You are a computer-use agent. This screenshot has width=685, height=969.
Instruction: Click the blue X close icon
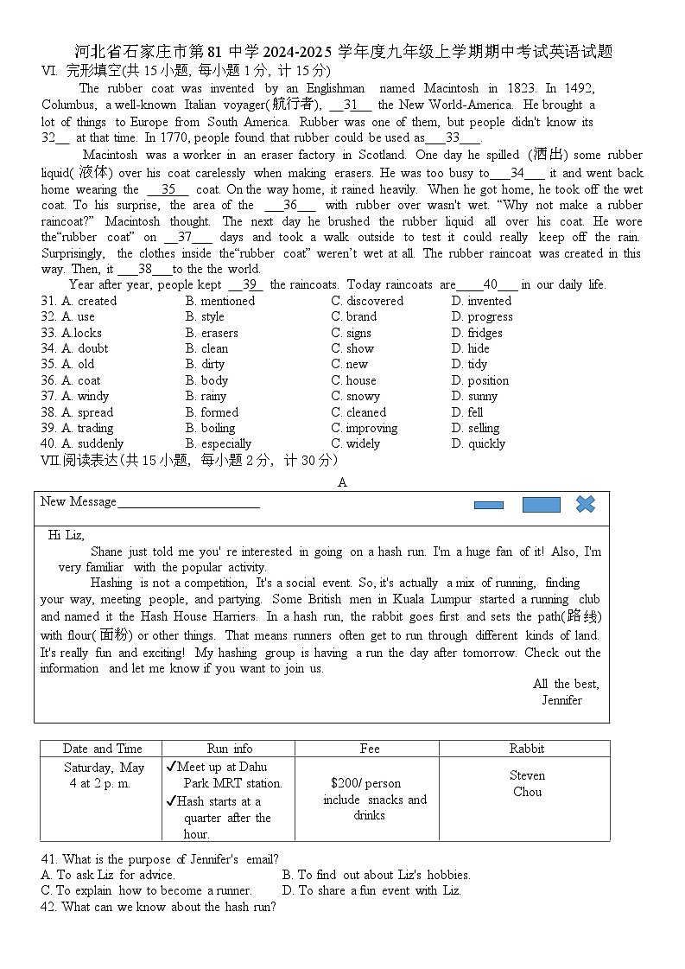[586, 504]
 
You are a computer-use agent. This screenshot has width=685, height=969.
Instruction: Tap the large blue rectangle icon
[541, 505]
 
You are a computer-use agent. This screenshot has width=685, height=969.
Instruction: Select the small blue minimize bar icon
[489, 506]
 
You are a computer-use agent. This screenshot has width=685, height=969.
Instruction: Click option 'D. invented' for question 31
[481, 301]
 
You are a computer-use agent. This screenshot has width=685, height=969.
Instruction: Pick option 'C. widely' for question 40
[355, 443]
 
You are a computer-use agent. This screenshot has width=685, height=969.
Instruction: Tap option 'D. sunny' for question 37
[474, 396]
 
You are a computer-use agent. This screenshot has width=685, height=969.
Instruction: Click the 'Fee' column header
[370, 749]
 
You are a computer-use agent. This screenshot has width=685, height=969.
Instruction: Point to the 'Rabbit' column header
[527, 749]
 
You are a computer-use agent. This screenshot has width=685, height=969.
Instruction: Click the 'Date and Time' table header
[102, 749]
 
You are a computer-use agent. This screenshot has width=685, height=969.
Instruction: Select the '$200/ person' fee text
[365, 783]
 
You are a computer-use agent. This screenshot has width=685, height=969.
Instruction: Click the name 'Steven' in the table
[527, 775]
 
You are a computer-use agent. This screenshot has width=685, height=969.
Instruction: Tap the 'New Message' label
[79, 501]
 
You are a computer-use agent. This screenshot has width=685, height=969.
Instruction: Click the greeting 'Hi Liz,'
[67, 535]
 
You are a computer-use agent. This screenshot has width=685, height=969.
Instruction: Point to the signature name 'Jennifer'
[561, 700]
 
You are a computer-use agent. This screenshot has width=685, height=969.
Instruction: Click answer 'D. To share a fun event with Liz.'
[371, 890]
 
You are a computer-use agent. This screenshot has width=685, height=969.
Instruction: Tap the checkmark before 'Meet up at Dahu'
[171, 767]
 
